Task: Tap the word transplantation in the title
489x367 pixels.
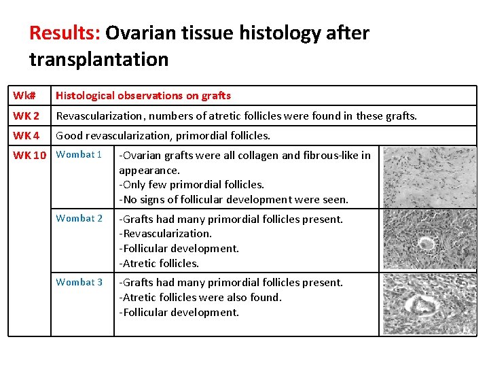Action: (x=98, y=60)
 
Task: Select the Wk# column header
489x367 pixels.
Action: (x=24, y=96)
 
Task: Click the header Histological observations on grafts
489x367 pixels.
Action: (x=143, y=96)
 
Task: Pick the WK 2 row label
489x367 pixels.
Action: (x=26, y=116)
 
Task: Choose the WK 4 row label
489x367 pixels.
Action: (x=26, y=136)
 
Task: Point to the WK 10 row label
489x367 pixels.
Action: (x=29, y=155)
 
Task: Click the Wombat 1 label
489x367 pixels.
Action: (x=79, y=154)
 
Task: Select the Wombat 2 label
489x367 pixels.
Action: (x=79, y=218)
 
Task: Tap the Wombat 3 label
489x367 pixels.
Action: (x=79, y=282)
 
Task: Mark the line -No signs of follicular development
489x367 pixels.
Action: (x=233, y=199)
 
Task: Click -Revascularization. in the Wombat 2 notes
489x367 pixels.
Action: (x=165, y=234)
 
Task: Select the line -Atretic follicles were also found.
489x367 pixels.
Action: (x=200, y=297)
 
